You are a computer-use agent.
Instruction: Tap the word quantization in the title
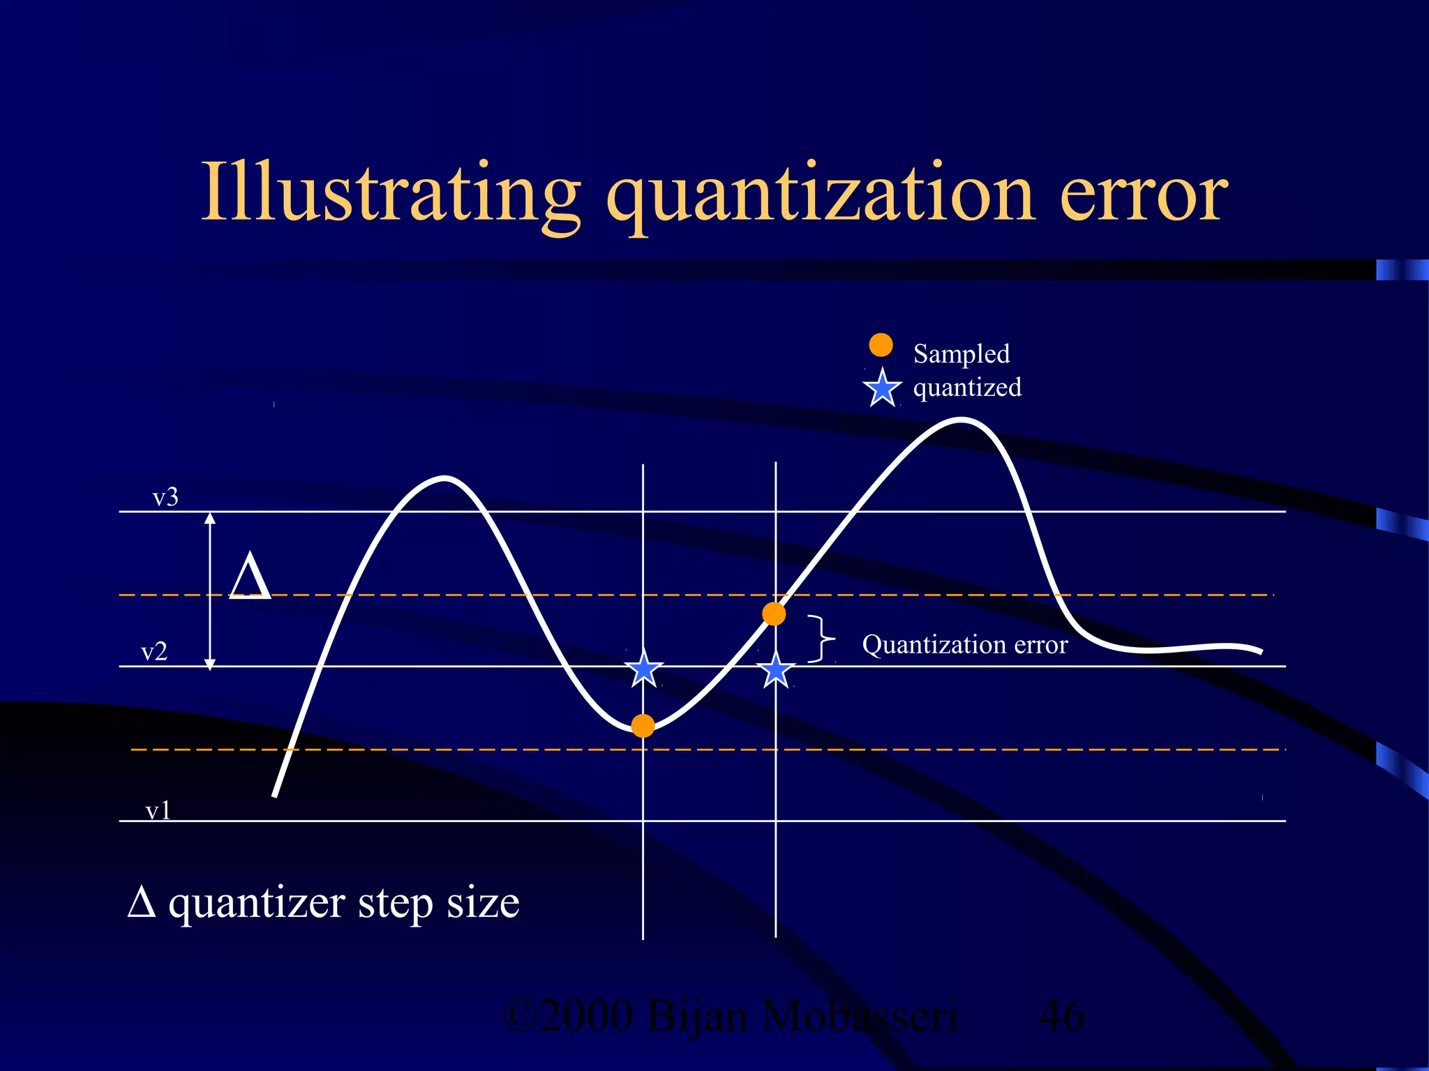[820, 195]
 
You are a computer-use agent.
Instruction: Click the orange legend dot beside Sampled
[881, 344]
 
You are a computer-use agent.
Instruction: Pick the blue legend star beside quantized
[882, 388]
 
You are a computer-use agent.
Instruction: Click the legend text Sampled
[961, 354]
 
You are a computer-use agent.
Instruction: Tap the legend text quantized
[966, 388]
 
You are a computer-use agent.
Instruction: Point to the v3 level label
[165, 497]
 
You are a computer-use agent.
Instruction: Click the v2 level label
[154, 652]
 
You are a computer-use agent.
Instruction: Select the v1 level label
[158, 810]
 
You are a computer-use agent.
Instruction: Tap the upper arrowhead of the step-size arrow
[210, 517]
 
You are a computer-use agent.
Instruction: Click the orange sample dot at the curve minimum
[643, 726]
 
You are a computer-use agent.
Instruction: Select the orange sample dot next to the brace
[774, 614]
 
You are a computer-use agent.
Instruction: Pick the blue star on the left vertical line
[643, 669]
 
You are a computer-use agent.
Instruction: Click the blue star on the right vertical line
[775, 671]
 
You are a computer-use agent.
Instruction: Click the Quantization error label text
[964, 645]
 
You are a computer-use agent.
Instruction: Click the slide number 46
[1061, 1016]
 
